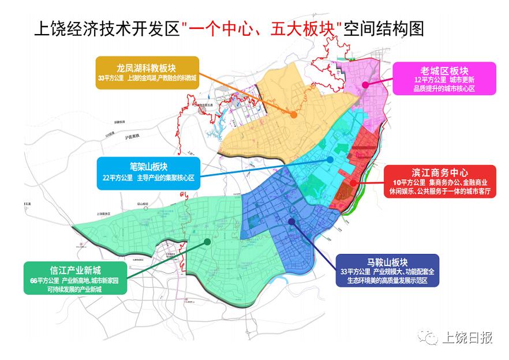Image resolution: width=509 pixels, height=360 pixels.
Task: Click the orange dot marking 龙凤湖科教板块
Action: (x=294, y=115)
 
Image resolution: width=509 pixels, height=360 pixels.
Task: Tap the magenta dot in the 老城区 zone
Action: (x=365, y=85)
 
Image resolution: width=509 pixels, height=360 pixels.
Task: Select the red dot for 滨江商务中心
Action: (x=352, y=185)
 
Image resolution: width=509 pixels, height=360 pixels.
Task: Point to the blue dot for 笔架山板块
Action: (x=330, y=159)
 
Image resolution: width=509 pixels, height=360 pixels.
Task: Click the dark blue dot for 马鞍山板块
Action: (x=292, y=221)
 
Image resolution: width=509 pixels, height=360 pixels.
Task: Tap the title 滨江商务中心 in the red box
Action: (x=440, y=172)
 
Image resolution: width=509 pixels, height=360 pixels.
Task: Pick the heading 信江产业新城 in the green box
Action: (x=68, y=269)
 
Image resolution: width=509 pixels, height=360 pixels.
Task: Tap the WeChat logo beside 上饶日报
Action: (x=428, y=337)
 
